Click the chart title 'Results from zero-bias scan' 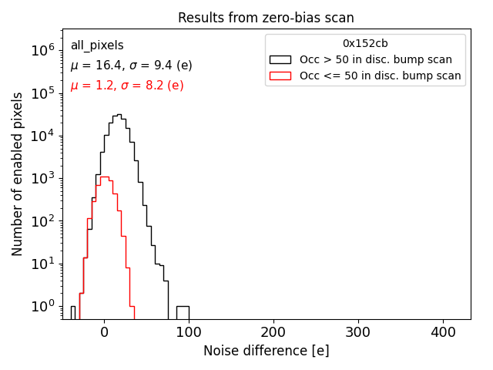tap(266, 18)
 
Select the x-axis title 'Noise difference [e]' tap(266, 351)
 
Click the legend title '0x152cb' tap(365, 44)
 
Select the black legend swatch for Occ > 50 tap(280, 59)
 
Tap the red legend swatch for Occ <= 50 tap(280, 76)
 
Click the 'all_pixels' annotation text tap(97, 45)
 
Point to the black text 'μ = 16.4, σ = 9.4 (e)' tap(131, 66)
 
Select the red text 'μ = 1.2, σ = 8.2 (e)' tap(127, 86)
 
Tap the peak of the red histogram tap(104, 177)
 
